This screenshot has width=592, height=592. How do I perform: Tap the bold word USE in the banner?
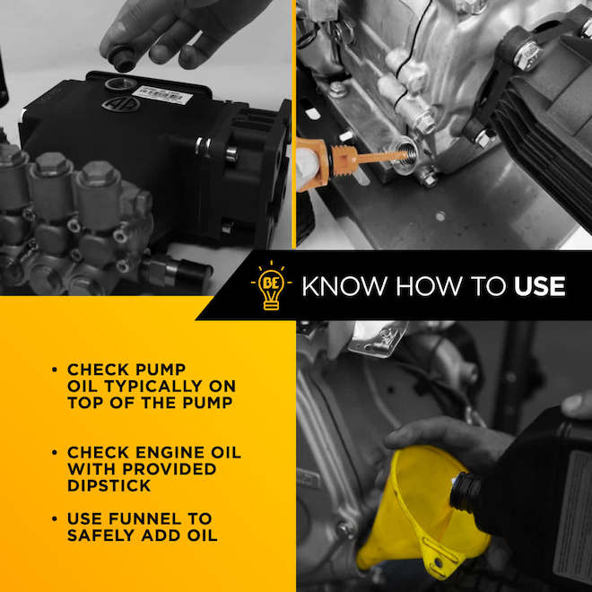[x=539, y=286]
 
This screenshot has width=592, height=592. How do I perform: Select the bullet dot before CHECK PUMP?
[x=55, y=370]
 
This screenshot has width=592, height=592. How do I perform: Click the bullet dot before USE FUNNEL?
[x=55, y=519]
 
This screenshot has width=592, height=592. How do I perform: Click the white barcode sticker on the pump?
[x=161, y=93]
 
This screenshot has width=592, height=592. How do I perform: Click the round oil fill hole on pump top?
[x=119, y=84]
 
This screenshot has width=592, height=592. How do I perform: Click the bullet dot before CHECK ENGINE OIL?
[x=55, y=452]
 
